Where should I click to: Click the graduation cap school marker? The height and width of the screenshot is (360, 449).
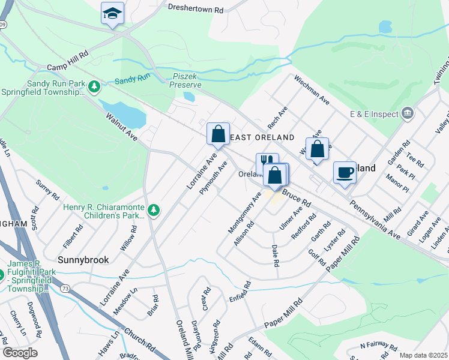pos(112,14)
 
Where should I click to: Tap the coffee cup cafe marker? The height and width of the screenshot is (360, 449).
pos(345,172)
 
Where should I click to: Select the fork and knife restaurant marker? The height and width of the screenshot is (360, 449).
pos(267,164)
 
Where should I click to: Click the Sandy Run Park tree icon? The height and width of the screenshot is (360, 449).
pos(94,88)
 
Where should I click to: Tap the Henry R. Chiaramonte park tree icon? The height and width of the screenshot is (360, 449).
pos(154,210)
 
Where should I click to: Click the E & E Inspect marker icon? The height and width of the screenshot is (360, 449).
pos(407,113)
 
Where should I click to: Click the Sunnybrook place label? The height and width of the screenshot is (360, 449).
pos(83,260)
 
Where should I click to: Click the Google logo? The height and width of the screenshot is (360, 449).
pos(20,353)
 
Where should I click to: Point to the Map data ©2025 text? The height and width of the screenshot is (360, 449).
pos(423,355)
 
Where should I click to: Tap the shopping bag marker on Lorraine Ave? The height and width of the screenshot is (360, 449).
pos(218,134)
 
